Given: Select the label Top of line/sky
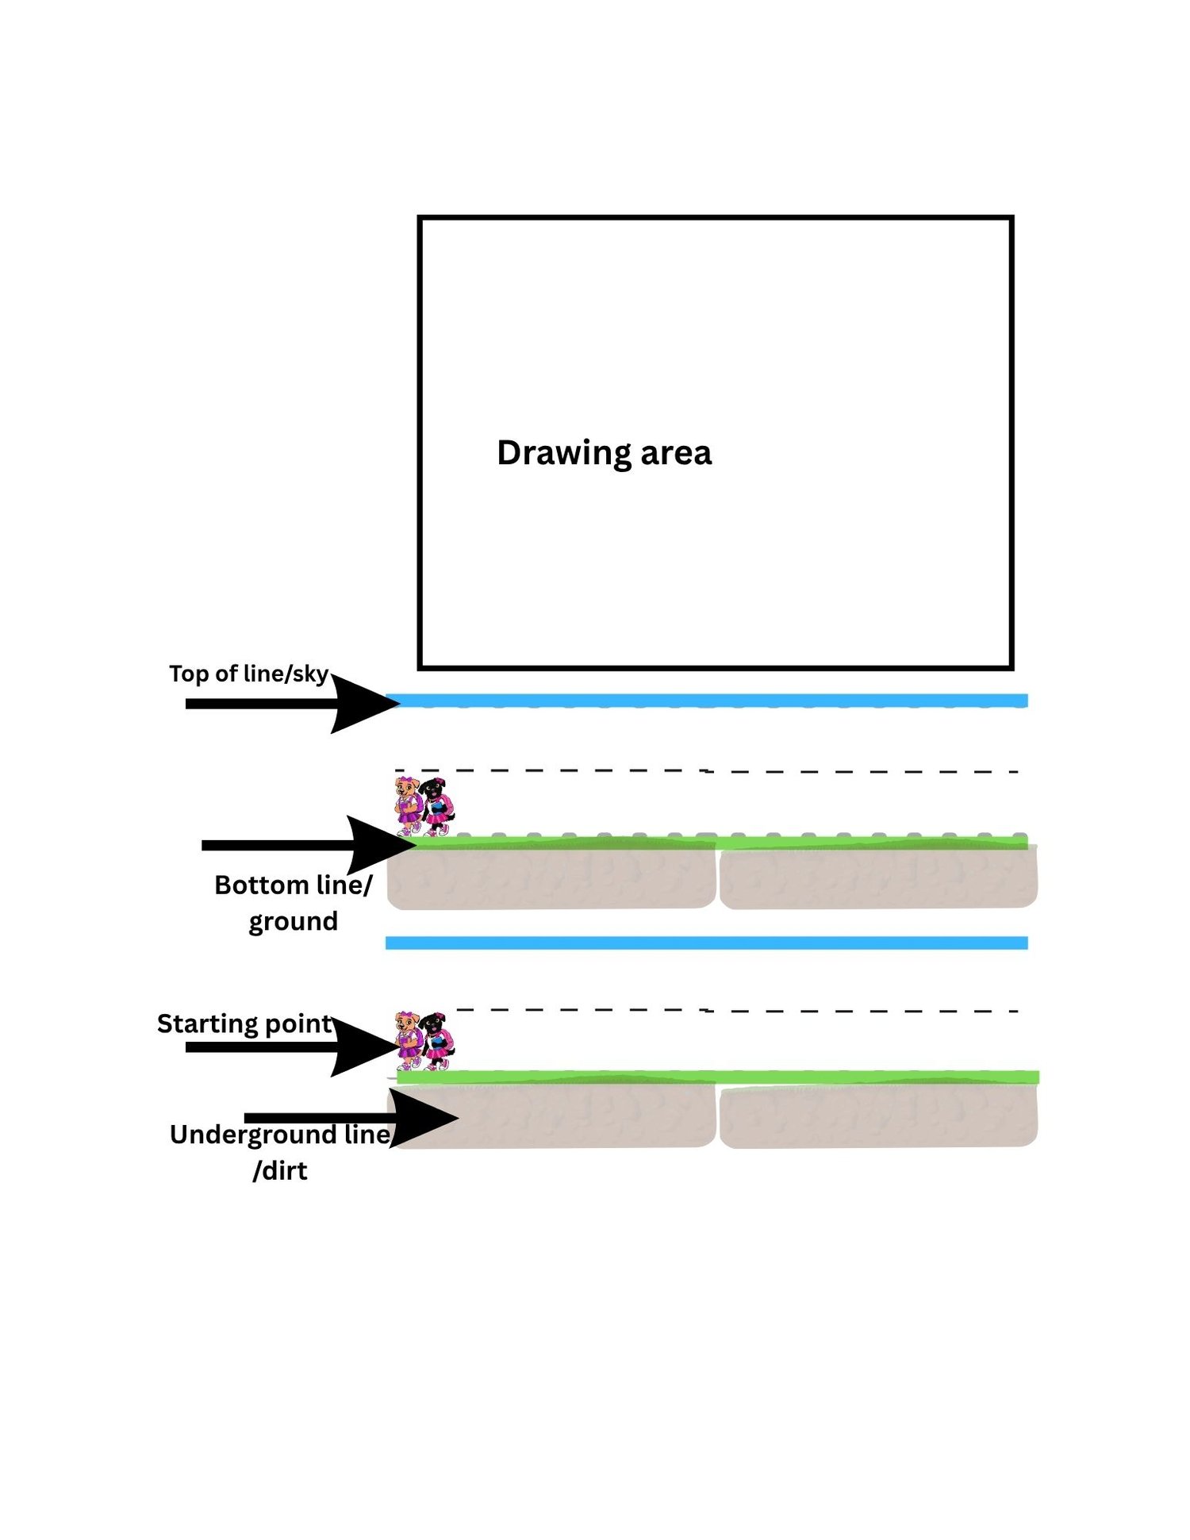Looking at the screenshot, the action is coord(248,674).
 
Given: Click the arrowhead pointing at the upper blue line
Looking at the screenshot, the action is coord(366,702).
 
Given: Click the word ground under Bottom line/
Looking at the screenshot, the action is coord(294,922).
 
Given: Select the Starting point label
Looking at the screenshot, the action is coord(244,1024).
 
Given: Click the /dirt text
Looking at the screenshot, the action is coord(280,1171).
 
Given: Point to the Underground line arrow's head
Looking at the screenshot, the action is coord(424,1118).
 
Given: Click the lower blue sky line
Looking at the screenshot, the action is coord(707,943).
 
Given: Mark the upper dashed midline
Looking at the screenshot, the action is coord(707,770).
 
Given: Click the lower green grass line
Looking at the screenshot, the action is coord(718,1077).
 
